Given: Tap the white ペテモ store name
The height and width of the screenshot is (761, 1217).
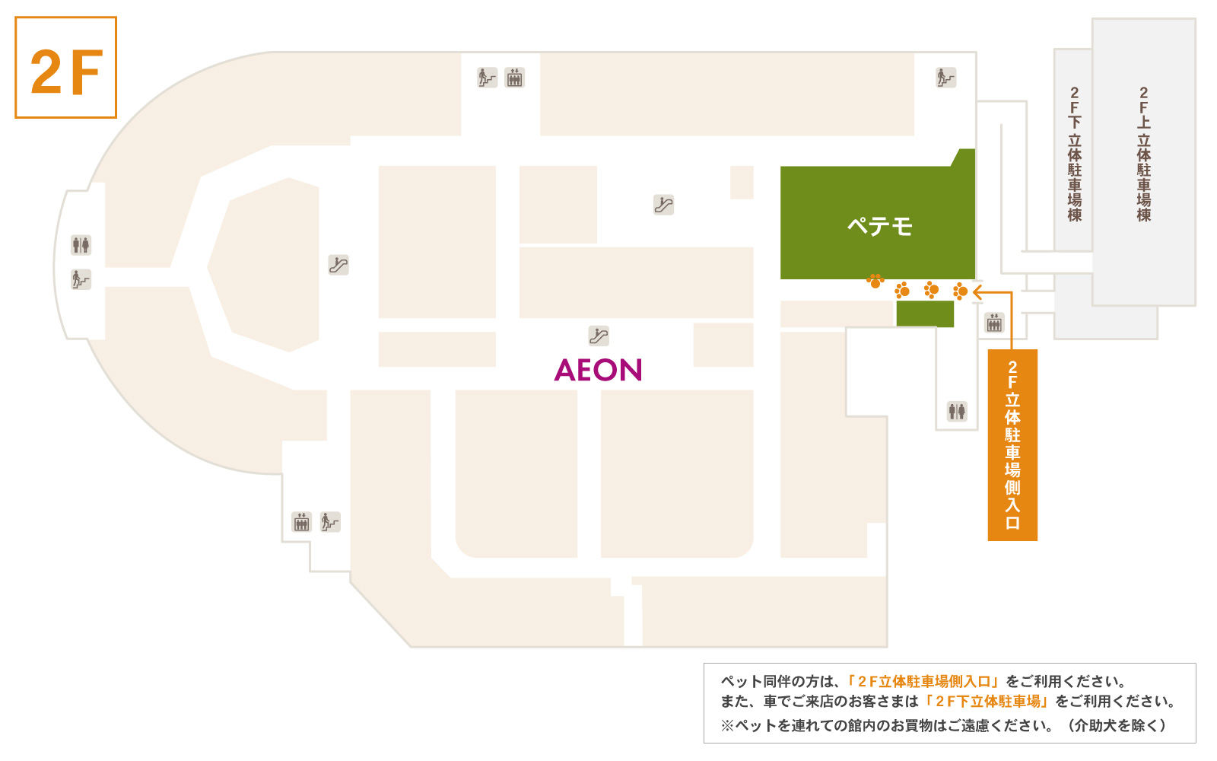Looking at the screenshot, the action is (x=879, y=225).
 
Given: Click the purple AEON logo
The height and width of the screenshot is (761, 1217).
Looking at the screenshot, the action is (x=598, y=370).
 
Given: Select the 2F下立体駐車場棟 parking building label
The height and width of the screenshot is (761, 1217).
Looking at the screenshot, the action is (x=1074, y=154).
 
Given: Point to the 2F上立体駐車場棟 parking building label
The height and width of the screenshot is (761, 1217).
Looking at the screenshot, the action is (x=1144, y=154).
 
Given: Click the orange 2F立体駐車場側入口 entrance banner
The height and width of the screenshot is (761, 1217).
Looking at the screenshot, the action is (x=1012, y=444).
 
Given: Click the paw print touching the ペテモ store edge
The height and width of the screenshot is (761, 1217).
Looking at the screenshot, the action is (x=875, y=281).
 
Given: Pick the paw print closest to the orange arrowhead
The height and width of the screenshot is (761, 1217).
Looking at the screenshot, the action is (x=960, y=291).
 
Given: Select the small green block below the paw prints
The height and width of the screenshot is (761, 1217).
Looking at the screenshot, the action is (x=925, y=314).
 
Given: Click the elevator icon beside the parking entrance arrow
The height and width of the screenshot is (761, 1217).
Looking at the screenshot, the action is (x=994, y=323).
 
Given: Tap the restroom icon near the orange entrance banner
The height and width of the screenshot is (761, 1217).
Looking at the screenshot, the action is (x=957, y=411).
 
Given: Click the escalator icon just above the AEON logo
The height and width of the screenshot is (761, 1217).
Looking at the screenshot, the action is (x=599, y=336).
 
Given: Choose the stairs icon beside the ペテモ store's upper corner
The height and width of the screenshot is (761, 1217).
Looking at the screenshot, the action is (x=946, y=77).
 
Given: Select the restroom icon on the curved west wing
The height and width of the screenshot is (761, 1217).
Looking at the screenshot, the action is (x=81, y=245).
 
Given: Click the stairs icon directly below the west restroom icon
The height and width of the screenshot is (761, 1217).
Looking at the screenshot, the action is (x=81, y=279).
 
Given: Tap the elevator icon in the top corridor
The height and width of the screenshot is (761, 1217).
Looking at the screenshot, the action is (x=514, y=77).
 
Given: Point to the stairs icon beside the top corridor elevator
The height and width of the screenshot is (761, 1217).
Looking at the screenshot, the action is (x=488, y=77).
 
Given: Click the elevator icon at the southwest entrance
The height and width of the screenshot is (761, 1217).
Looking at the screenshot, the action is (x=301, y=522).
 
